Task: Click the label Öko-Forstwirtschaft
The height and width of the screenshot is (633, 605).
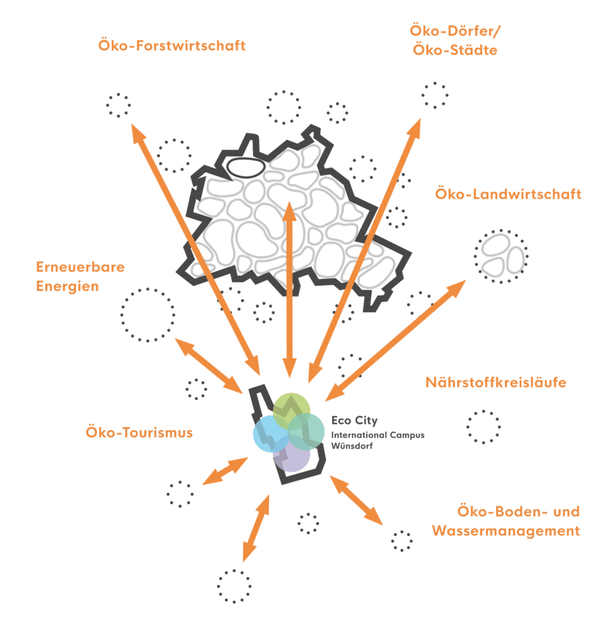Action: pyautogui.click(x=172, y=46)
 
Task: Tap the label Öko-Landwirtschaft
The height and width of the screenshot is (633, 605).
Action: pyautogui.click(x=508, y=195)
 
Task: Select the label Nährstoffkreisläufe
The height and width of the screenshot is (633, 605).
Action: pyautogui.click(x=496, y=383)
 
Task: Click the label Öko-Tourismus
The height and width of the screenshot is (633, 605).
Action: pyautogui.click(x=139, y=433)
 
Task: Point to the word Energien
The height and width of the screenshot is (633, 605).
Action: pyautogui.click(x=67, y=286)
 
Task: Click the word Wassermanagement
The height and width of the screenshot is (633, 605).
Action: pyautogui.click(x=506, y=530)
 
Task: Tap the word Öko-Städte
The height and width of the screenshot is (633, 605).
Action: pyautogui.click(x=454, y=50)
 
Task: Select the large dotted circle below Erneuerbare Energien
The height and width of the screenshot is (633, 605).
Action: pyautogui.click(x=147, y=315)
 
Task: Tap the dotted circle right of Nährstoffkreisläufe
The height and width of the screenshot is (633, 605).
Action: pyautogui.click(x=483, y=427)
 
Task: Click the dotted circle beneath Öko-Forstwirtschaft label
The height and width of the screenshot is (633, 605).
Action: pyautogui.click(x=118, y=105)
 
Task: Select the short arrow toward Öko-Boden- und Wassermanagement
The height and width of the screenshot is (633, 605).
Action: pyautogui.click(x=357, y=500)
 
